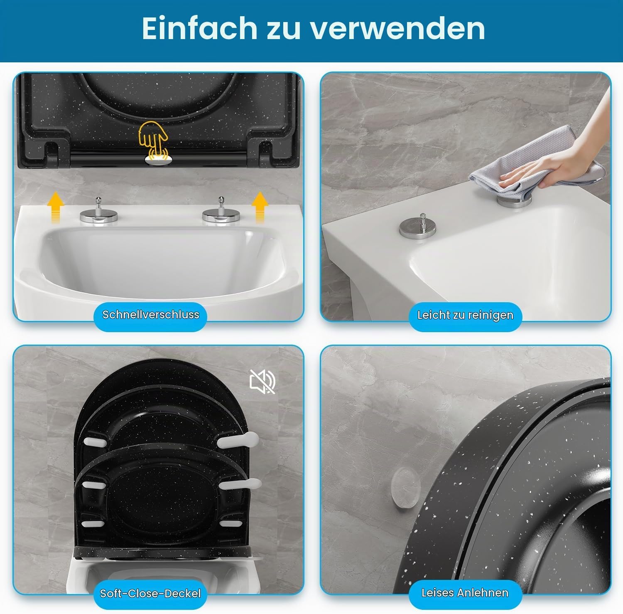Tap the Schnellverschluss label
151,315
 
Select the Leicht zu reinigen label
465,315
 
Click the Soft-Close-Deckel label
150,593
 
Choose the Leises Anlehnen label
465,593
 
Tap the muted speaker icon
262,381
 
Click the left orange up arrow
55,208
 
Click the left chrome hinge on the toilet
99,211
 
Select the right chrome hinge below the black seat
221,211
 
